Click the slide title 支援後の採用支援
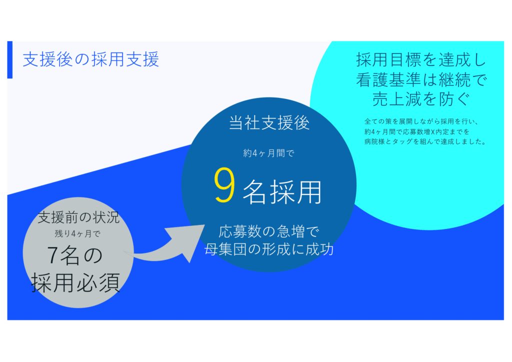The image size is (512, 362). click(91, 59)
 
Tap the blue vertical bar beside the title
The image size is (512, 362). click(10, 59)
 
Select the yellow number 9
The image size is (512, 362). click(224, 185)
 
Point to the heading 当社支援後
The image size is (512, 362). click(269, 122)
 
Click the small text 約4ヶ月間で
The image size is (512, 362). click(268, 153)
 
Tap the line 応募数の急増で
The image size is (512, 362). click(268, 231)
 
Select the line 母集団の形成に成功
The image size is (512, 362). click(268, 249)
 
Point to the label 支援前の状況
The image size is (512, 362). click(78, 217)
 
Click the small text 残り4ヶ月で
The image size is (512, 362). click(77, 233)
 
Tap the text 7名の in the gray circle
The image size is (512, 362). click(75, 255)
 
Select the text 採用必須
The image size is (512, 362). click(76, 282)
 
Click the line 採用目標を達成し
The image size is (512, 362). click(421, 59)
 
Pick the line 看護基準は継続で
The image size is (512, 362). click(421, 79)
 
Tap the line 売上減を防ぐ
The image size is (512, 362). click(421, 99)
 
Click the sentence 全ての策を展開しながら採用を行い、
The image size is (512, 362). click(421, 121)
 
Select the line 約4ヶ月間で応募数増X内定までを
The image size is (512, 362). click(416, 131)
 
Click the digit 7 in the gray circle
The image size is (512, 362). click(53, 255)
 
